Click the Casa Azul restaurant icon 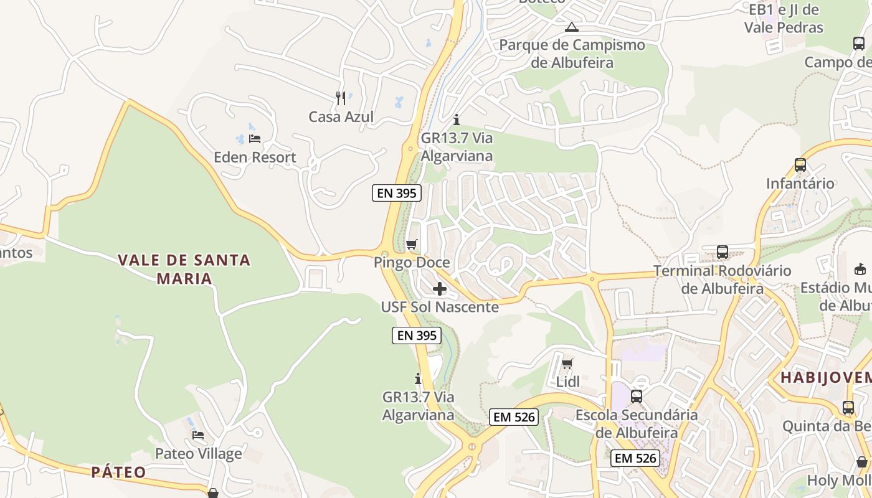pos(341,98)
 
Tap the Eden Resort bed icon pos(254,138)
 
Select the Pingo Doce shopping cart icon pos(411,244)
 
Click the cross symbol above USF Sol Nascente pos(440,289)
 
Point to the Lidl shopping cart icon pos(567,364)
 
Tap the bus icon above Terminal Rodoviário pos(723,252)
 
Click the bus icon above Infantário pos(800,165)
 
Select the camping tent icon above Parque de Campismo pos(571,27)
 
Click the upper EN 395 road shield pos(397,193)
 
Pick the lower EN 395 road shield pos(417,336)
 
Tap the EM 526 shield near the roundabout pos(514,417)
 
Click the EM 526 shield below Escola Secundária pos(635,458)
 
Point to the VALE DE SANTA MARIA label pos(184,269)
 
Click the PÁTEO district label pos(118,472)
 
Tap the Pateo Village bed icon pos(198,435)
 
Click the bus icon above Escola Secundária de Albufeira pos(637,397)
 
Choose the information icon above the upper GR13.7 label pos(457,120)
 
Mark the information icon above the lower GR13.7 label pos(418,378)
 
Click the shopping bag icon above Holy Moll pos(862,462)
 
